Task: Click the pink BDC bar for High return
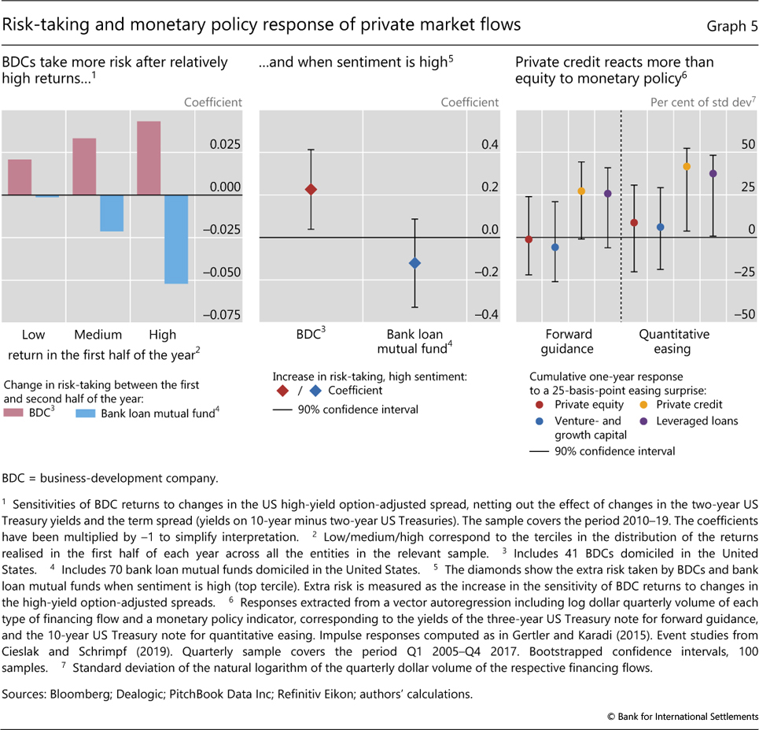click(x=149, y=158)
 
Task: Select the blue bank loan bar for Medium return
click(x=112, y=213)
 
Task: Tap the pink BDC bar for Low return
click(x=19, y=177)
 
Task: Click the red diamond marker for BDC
click(x=311, y=190)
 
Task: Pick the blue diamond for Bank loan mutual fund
click(x=415, y=263)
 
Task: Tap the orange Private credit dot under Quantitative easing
click(x=687, y=167)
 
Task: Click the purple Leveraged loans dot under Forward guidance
click(x=607, y=194)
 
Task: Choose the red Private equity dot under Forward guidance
click(x=529, y=239)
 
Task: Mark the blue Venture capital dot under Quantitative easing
click(x=661, y=227)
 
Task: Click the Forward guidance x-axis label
click(x=568, y=341)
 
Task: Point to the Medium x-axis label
click(x=98, y=334)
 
